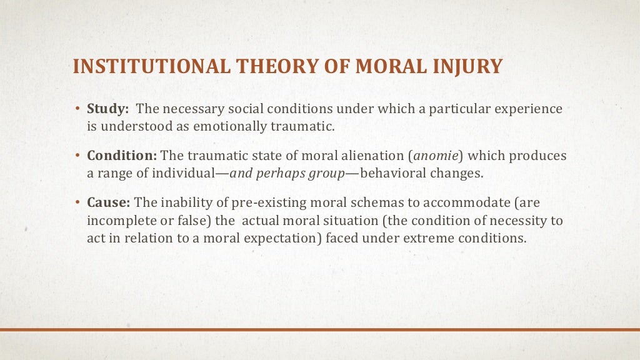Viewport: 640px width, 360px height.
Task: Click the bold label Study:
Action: (107, 109)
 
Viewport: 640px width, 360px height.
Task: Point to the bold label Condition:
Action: (122, 156)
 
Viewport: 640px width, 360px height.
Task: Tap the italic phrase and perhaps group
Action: (287, 173)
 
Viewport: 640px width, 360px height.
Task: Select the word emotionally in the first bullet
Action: (220, 126)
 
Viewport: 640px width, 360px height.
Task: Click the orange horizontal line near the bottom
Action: (320, 329)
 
